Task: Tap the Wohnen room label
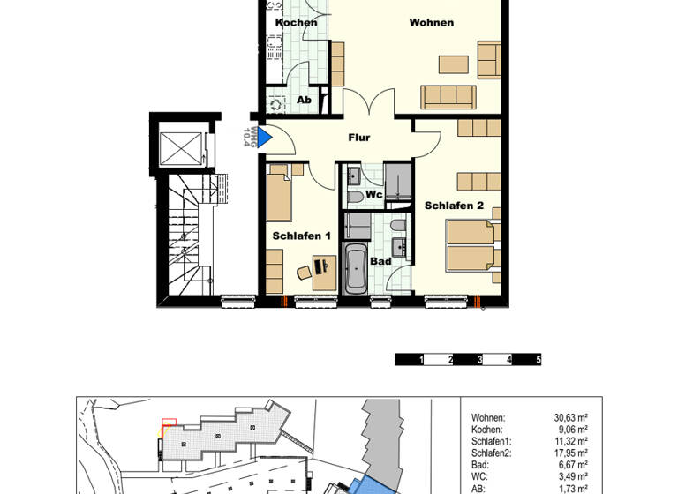pyautogui.click(x=431, y=22)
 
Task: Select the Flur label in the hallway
pyautogui.click(x=358, y=138)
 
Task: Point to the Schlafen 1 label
pyautogui.click(x=301, y=236)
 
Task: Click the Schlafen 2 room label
pyautogui.click(x=454, y=206)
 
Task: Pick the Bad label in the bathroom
pyautogui.click(x=380, y=261)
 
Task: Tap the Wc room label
pyautogui.click(x=374, y=194)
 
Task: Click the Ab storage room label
pyautogui.click(x=304, y=101)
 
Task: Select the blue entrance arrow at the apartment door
pyautogui.click(x=263, y=137)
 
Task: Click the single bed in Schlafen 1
pyautogui.click(x=279, y=198)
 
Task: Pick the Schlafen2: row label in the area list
pyautogui.click(x=493, y=453)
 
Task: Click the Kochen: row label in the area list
pyautogui.click(x=488, y=430)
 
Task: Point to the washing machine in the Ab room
pyautogui.click(x=275, y=103)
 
